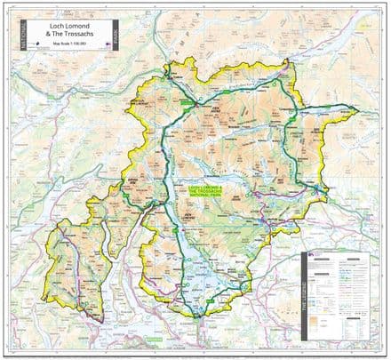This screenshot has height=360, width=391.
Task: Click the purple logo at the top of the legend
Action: pyautogui.click(x=313, y=254)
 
